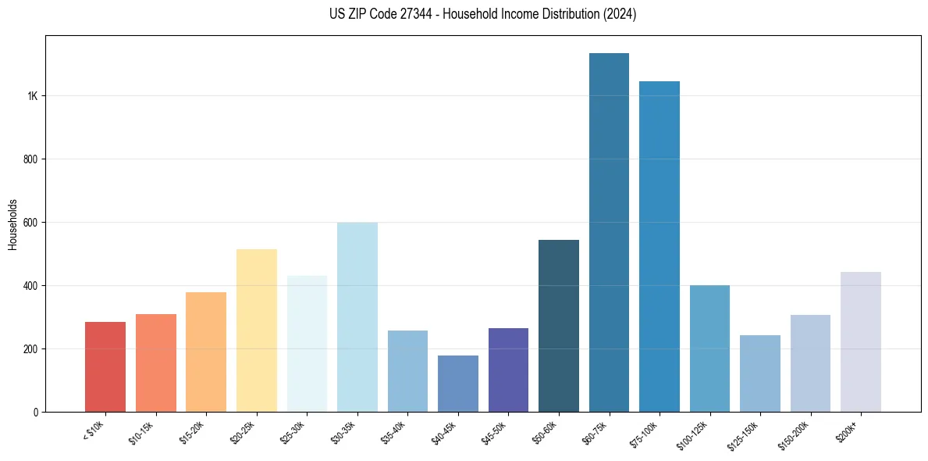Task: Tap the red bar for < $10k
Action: point(105,367)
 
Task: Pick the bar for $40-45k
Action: point(458,384)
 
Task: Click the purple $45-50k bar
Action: point(508,370)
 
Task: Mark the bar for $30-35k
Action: point(357,317)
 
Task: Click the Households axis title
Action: point(12,224)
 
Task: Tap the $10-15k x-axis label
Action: point(142,431)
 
